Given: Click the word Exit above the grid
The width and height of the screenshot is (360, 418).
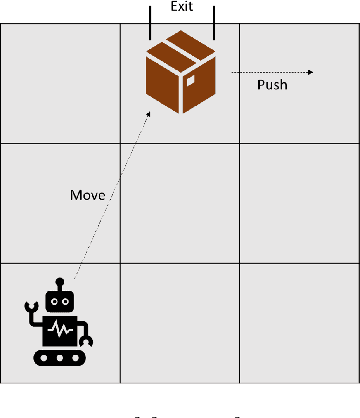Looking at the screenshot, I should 180,7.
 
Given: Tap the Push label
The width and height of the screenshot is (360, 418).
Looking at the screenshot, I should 272,85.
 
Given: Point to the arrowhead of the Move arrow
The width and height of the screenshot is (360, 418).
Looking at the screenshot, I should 151,114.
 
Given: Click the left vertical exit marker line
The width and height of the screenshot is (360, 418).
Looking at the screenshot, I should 149,20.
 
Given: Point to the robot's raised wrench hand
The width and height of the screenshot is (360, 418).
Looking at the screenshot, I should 32,305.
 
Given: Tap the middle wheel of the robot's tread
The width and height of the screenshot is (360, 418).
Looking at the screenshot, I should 60,357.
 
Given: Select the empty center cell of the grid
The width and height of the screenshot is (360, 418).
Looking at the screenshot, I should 180,203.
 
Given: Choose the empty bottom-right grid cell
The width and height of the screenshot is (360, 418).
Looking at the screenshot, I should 298,322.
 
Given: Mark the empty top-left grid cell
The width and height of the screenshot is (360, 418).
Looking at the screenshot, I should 60,84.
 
